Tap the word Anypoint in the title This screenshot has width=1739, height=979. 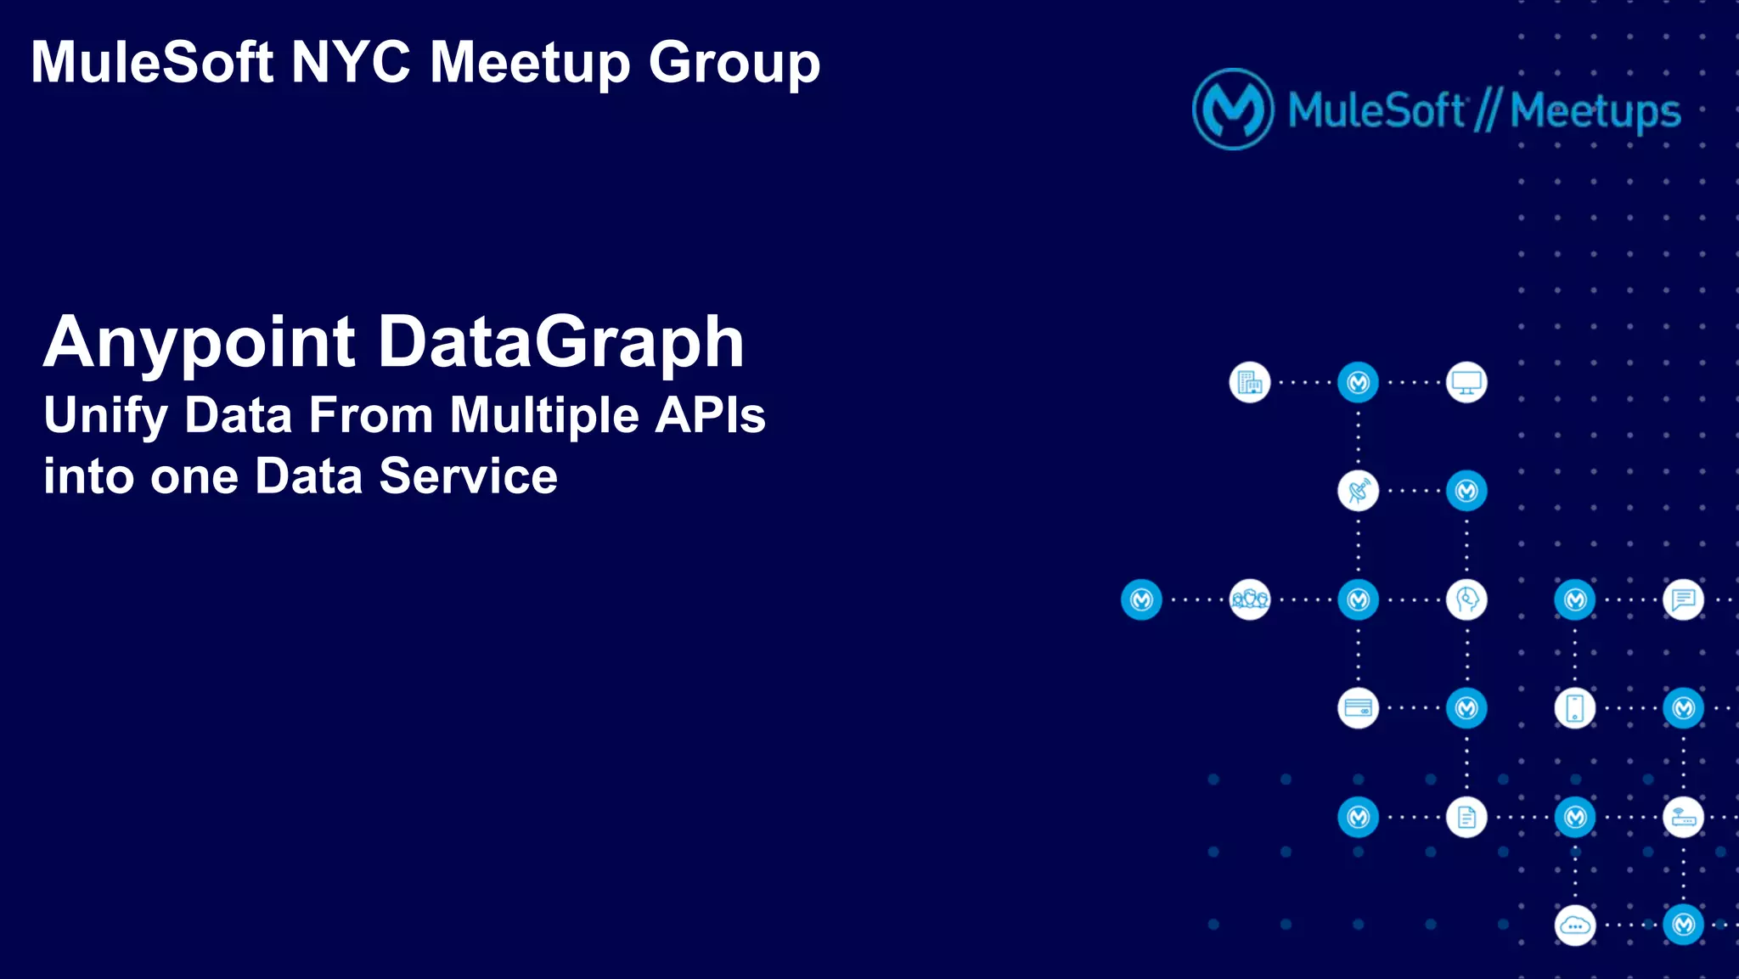pyautogui.click(x=199, y=343)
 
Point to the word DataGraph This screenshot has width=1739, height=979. pyautogui.click(x=560, y=343)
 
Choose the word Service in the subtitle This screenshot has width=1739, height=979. pyautogui.click(x=468, y=475)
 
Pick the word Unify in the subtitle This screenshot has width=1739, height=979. pyautogui.click(x=105, y=416)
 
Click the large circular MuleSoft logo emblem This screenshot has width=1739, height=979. pyautogui.click(x=1233, y=110)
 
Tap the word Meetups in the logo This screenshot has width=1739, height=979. pyautogui.click(x=1595, y=111)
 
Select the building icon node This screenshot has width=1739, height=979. pyautogui.click(x=1249, y=383)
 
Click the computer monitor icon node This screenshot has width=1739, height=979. pyautogui.click(x=1466, y=383)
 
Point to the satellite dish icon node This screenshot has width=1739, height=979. pyautogui.click(x=1358, y=491)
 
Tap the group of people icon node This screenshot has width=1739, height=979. pyautogui.click(x=1249, y=600)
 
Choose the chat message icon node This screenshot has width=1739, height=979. pyautogui.click(x=1683, y=600)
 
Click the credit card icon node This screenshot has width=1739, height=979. pyautogui.click(x=1358, y=708)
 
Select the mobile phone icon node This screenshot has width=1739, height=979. pyautogui.click(x=1574, y=708)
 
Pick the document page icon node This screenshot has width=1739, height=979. pyautogui.click(x=1466, y=817)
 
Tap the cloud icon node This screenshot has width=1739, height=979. pyautogui.click(x=1574, y=926)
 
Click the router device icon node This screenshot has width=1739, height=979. pyautogui.click(x=1683, y=817)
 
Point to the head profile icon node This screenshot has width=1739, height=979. pyautogui.click(x=1466, y=600)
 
